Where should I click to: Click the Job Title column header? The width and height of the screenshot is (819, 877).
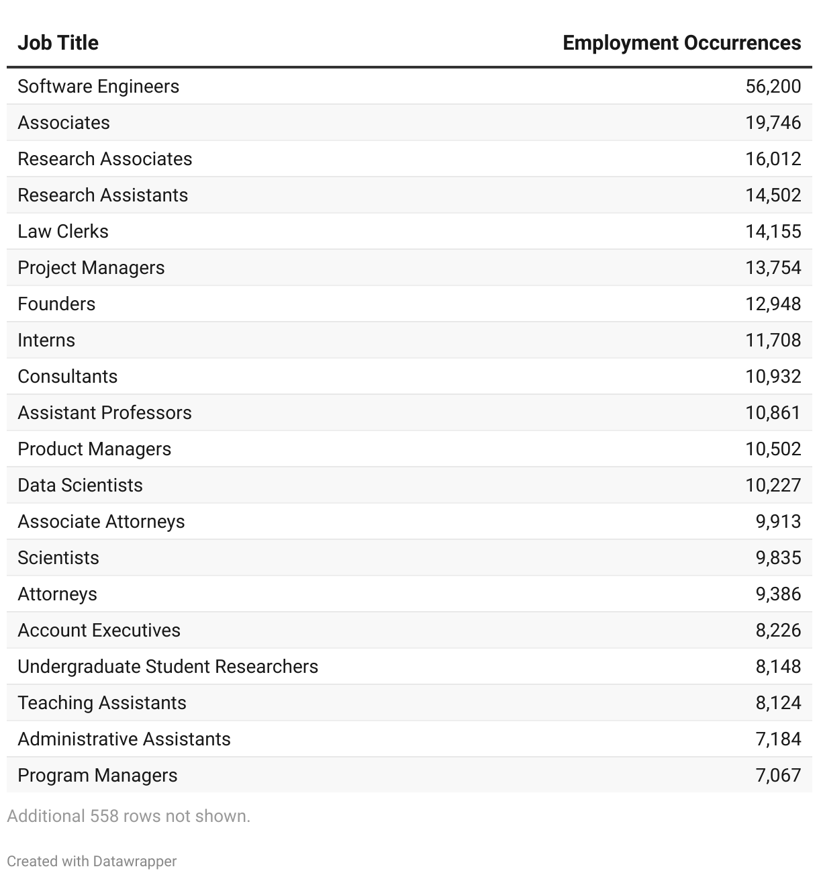point(58,43)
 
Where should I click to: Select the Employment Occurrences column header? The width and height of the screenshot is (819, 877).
point(681,43)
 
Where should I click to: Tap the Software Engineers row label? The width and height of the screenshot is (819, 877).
point(98,87)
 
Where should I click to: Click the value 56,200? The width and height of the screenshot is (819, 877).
point(773,87)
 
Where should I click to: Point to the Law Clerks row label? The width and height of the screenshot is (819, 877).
point(62,232)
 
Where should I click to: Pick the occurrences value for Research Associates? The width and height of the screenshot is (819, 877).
point(773,159)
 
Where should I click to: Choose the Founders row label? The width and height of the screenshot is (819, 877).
point(56,304)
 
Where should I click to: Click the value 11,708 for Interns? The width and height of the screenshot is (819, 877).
point(773,340)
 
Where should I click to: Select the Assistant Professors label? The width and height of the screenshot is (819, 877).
point(104,413)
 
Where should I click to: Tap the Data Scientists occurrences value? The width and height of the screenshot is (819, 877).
point(773,486)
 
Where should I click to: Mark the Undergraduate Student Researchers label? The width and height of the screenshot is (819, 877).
point(168,667)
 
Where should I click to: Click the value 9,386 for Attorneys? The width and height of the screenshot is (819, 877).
point(778,594)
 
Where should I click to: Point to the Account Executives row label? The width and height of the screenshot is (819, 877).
point(99,631)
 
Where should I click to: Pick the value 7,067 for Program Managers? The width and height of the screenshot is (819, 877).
point(778,776)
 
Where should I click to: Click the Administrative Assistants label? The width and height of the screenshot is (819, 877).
point(124,739)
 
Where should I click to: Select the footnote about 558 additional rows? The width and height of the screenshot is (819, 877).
point(128,817)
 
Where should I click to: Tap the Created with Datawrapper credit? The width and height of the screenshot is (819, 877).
point(92,862)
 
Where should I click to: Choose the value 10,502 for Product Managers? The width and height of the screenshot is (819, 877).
point(773,449)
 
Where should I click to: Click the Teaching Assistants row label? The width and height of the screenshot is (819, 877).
point(101,703)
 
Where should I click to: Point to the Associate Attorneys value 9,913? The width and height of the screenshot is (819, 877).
point(778,522)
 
